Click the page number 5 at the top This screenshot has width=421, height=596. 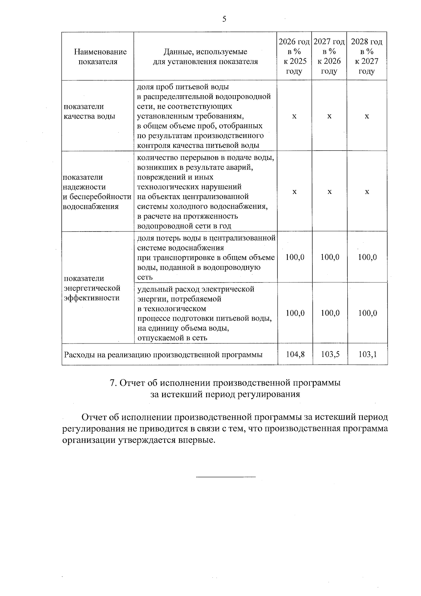(x=224, y=19)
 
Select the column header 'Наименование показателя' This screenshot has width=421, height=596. (x=100, y=57)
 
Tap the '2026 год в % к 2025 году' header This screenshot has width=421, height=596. (x=294, y=57)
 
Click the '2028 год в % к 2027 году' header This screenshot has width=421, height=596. (x=367, y=57)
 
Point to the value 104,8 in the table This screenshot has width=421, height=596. (x=295, y=354)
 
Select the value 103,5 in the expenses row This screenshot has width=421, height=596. (x=330, y=354)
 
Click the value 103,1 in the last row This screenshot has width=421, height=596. (x=367, y=354)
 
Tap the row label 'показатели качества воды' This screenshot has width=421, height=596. (x=89, y=111)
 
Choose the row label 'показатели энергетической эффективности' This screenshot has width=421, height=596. (x=92, y=288)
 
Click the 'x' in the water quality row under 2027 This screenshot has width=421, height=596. (x=329, y=116)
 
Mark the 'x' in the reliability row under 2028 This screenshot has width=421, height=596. (x=367, y=192)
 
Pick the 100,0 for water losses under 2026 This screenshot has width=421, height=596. (x=295, y=257)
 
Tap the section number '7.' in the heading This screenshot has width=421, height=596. (x=113, y=383)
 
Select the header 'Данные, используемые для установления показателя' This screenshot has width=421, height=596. (x=205, y=57)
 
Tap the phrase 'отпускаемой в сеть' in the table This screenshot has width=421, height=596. (x=172, y=338)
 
